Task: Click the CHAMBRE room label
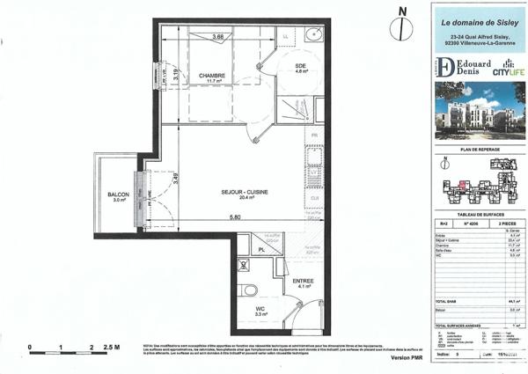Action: click(x=211, y=76)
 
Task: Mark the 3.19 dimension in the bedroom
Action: click(x=176, y=76)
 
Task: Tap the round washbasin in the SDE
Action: click(x=315, y=36)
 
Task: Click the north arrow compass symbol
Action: click(x=402, y=28)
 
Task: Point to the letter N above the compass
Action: click(x=402, y=11)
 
